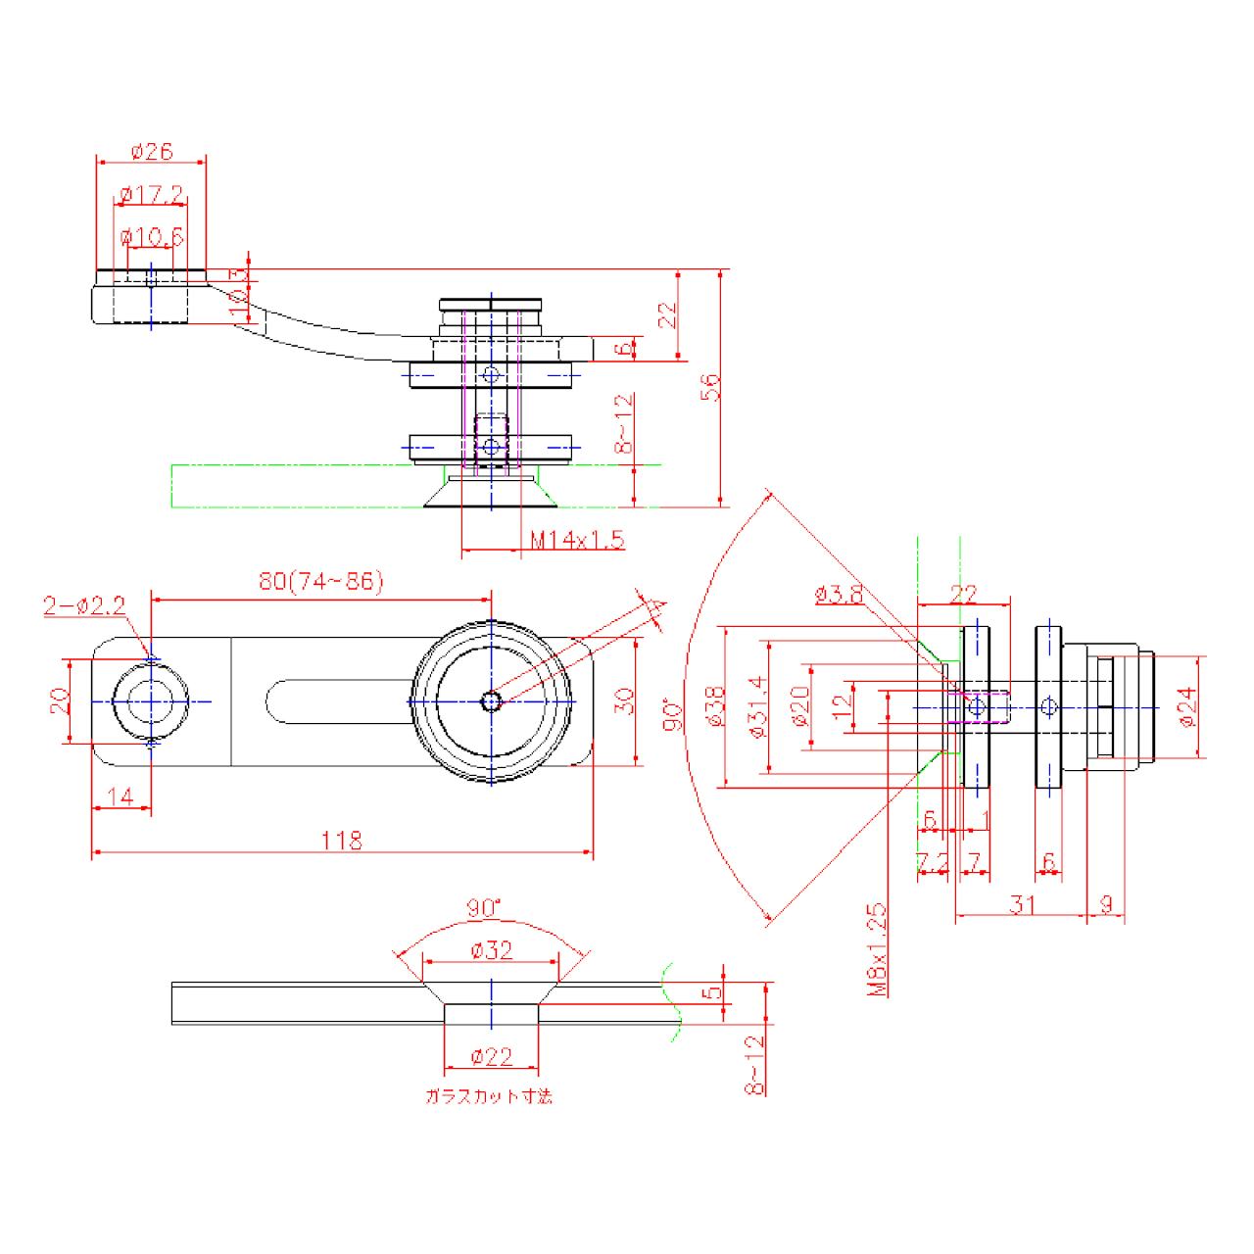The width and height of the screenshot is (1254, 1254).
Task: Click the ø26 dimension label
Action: pyautogui.click(x=151, y=152)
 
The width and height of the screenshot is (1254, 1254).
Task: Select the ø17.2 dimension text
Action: pyautogui.click(x=151, y=195)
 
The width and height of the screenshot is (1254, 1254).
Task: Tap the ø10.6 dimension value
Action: pyautogui.click(x=151, y=237)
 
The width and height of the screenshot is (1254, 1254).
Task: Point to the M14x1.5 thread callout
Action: pyautogui.click(x=577, y=540)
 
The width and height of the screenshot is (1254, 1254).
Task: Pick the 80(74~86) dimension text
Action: pyautogui.click(x=321, y=581)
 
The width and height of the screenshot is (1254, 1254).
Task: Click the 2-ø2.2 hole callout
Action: pyautogui.click(x=84, y=606)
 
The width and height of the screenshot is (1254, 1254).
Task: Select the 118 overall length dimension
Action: pyautogui.click(x=342, y=841)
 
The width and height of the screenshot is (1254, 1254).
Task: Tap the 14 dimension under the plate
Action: pyautogui.click(x=121, y=796)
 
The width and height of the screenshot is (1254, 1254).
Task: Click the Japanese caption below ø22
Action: pyautogui.click(x=489, y=1096)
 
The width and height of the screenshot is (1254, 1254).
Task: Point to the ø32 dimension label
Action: pyautogui.click(x=491, y=950)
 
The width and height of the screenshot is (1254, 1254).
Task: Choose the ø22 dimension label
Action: pyautogui.click(x=491, y=1056)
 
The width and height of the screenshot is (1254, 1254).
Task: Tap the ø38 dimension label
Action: pyautogui.click(x=715, y=706)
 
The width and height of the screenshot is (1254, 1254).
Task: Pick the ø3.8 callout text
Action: pyautogui.click(x=838, y=594)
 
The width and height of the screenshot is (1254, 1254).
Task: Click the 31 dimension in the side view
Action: pyautogui.click(x=1022, y=904)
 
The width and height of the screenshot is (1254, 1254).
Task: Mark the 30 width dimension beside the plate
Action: pyautogui.click(x=627, y=701)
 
